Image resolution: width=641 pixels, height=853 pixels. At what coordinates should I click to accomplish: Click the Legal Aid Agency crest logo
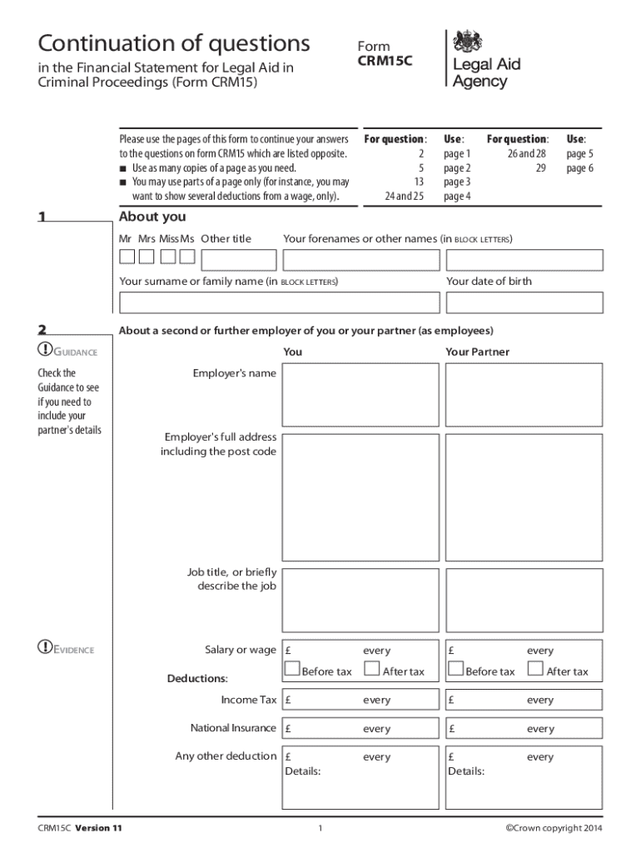[468, 41]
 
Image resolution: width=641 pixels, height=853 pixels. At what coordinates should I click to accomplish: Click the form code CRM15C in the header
[385, 61]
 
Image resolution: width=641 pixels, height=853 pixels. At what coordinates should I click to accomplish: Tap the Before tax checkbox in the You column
[292, 668]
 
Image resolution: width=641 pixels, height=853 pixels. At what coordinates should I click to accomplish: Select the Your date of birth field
[524, 302]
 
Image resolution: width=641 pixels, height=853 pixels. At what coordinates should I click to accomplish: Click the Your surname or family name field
[279, 302]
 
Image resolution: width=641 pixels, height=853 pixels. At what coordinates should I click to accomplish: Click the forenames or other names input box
[443, 261]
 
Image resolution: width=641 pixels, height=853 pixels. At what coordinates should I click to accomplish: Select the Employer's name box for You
[360, 395]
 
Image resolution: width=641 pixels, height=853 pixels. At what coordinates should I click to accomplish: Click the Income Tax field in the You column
[360, 701]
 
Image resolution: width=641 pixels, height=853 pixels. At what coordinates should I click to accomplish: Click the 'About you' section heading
[152, 217]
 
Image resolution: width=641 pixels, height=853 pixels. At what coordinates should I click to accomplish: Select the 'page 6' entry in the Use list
[579, 168]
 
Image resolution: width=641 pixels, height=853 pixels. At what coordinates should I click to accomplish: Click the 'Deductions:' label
[197, 679]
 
